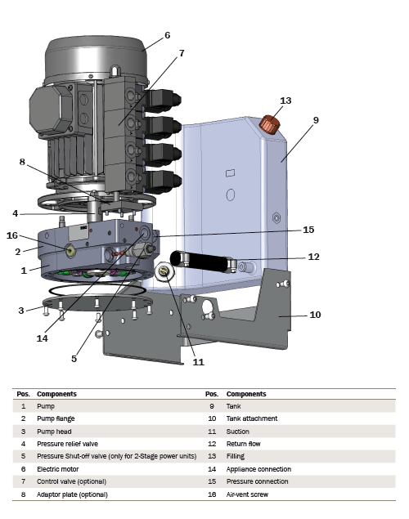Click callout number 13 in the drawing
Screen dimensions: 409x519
(x=285, y=101)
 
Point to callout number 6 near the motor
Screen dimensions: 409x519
(x=167, y=35)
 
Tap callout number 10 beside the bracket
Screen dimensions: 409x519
(x=315, y=315)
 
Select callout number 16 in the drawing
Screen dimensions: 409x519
(x=12, y=235)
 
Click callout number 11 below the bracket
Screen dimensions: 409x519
(x=199, y=362)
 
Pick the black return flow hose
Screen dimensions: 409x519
(x=204, y=262)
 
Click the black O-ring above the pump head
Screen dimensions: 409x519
(x=97, y=289)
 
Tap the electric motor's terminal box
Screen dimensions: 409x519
(x=51, y=110)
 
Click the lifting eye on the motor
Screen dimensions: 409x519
(x=115, y=70)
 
